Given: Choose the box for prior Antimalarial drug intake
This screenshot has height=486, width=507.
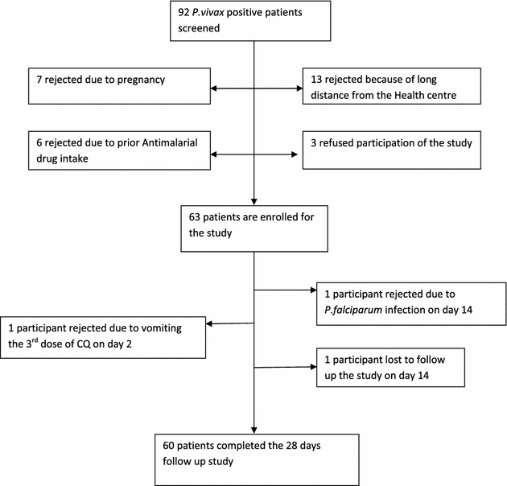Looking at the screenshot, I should tap(107, 150).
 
